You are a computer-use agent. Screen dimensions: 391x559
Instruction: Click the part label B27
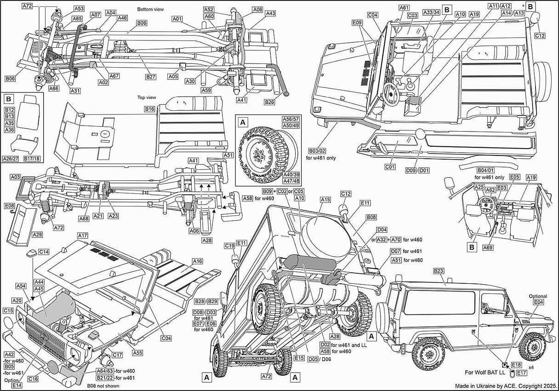[x=151, y=77]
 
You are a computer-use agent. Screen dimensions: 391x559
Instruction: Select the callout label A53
[x=79, y=9]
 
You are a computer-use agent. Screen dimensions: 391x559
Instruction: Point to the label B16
[x=150, y=109]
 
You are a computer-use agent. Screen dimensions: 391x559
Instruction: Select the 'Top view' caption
[x=147, y=98]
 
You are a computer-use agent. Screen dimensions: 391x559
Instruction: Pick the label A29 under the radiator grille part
[x=37, y=235]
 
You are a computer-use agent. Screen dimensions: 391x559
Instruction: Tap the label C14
[x=44, y=252]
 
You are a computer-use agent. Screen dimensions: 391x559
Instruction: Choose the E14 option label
[x=10, y=385]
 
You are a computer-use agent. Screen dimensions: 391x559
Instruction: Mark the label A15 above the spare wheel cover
[x=325, y=200]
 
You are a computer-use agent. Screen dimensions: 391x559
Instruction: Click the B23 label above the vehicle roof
[x=439, y=271]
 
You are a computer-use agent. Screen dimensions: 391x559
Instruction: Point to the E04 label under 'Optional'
[x=538, y=302]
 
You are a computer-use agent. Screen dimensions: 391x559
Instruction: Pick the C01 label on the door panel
[x=390, y=167]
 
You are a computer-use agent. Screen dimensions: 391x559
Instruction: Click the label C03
[x=412, y=16]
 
